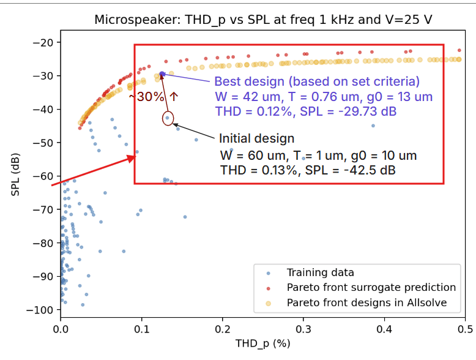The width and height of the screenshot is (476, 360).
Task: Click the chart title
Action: (x=263, y=20)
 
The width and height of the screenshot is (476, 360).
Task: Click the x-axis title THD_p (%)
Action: (x=263, y=343)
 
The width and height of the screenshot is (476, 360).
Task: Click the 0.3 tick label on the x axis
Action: (x=303, y=329)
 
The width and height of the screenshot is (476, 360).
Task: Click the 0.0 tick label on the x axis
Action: (x=61, y=329)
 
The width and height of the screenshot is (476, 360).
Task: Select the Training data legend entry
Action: (x=320, y=272)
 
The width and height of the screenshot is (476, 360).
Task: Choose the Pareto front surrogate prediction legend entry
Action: (x=371, y=287)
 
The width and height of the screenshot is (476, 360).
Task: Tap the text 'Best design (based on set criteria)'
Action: (x=316, y=81)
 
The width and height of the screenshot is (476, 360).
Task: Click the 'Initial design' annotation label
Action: (x=256, y=139)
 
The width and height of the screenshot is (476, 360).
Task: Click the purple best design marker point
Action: (x=162, y=74)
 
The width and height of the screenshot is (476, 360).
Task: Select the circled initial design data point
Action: (x=168, y=118)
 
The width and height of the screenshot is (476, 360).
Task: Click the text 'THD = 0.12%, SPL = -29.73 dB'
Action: (x=306, y=111)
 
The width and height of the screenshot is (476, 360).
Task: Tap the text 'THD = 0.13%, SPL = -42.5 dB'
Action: (x=308, y=170)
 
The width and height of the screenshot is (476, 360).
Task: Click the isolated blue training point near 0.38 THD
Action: (x=373, y=126)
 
